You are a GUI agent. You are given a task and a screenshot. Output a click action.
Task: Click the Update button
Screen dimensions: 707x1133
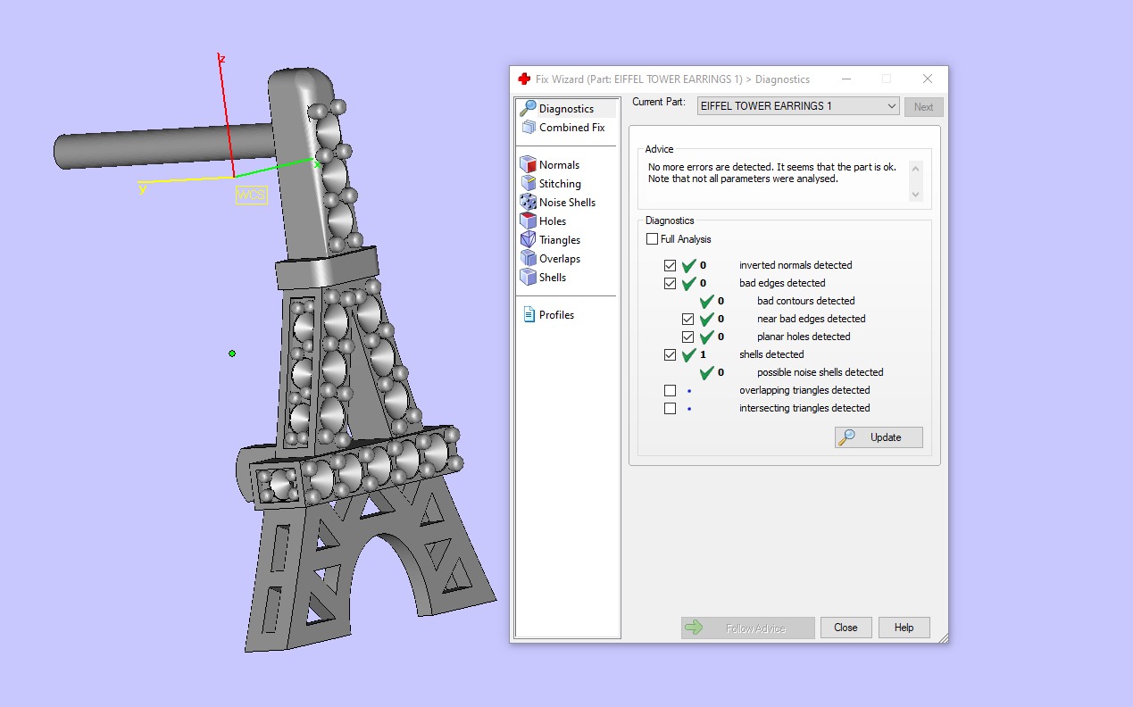[879, 437]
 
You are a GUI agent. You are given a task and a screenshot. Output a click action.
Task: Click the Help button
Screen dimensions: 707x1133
[904, 628]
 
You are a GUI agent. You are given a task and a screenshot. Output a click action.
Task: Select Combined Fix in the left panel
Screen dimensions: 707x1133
[571, 128]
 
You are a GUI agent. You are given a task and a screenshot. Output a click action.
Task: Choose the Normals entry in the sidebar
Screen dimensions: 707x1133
[559, 165]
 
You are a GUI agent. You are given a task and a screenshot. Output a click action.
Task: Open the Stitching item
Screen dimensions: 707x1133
[560, 184]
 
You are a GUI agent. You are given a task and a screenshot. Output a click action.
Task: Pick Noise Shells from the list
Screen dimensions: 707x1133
[567, 203]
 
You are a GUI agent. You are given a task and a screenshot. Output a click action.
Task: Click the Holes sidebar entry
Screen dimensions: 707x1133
[553, 221]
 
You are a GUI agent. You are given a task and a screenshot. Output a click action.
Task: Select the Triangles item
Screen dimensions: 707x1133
[559, 240]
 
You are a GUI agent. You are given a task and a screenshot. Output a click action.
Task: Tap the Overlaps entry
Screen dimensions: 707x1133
[559, 259]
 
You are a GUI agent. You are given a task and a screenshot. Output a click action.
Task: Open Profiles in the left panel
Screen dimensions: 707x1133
[556, 315]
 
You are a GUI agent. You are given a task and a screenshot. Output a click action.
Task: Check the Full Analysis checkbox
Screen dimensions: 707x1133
[653, 239]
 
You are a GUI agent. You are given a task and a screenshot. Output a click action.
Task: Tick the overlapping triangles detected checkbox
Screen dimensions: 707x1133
[671, 390]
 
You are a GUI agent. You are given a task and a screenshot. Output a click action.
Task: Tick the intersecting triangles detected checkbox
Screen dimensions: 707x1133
[671, 408]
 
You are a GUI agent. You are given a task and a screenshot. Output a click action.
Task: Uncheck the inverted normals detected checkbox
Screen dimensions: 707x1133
[671, 265]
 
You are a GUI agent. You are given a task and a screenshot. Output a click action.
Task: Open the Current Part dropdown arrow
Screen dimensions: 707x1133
[892, 106]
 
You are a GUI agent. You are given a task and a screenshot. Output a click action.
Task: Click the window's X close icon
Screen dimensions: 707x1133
[928, 79]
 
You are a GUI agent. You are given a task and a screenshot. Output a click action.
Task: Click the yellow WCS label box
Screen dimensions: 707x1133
[251, 195]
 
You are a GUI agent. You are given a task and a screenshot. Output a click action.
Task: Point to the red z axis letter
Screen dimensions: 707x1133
[221, 59]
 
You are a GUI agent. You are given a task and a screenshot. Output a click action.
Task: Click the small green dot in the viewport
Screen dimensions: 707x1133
[232, 353]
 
